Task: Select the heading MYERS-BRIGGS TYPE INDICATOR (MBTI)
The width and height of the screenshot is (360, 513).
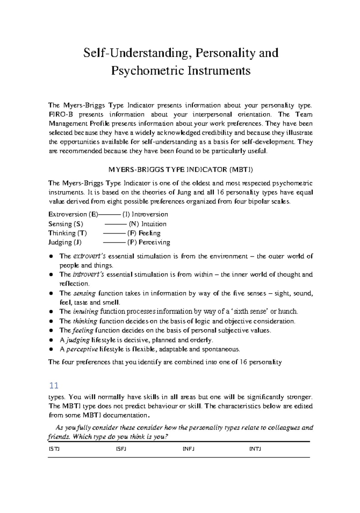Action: click(180, 170)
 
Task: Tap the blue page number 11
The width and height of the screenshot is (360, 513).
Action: click(54, 385)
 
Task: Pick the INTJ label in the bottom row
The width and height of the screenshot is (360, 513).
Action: click(255, 449)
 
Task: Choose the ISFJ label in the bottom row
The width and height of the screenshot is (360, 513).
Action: click(121, 449)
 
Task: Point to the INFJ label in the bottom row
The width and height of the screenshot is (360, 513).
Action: click(188, 449)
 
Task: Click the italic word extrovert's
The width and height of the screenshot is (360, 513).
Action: click(89, 256)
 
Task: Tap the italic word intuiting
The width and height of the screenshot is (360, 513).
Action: click(85, 312)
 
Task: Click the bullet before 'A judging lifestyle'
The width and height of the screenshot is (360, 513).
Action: click(52, 340)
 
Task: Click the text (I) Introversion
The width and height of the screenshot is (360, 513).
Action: click(145, 214)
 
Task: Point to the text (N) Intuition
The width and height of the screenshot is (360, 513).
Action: click(147, 224)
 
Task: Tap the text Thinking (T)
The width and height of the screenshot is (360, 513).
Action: click(67, 233)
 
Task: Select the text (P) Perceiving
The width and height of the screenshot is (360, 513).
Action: click(148, 242)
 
